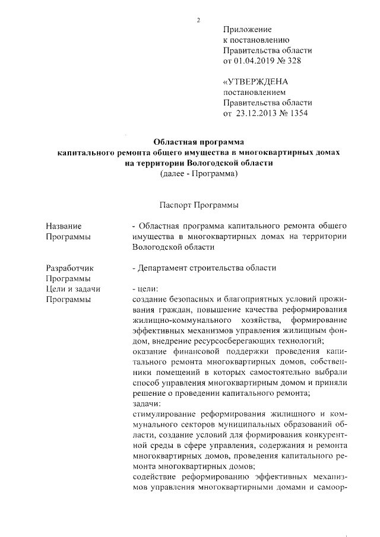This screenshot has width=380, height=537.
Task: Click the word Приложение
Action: (247, 30)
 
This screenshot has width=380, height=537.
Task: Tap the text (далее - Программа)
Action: (198, 174)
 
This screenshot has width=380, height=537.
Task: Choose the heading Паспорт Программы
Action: (198, 205)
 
